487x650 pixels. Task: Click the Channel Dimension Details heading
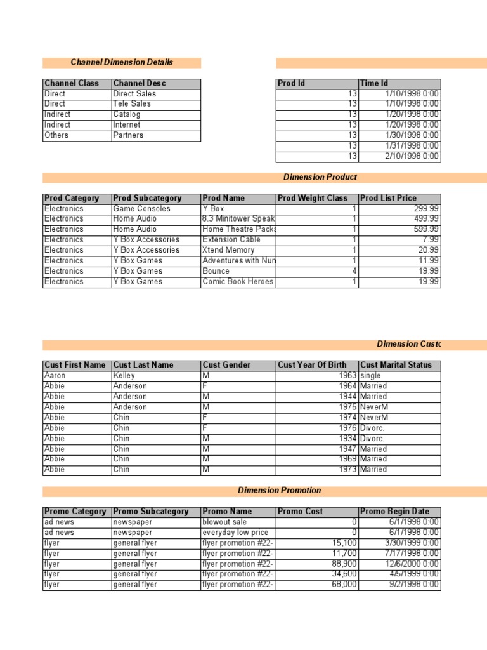coord(122,62)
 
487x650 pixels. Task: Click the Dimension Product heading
coord(320,177)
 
